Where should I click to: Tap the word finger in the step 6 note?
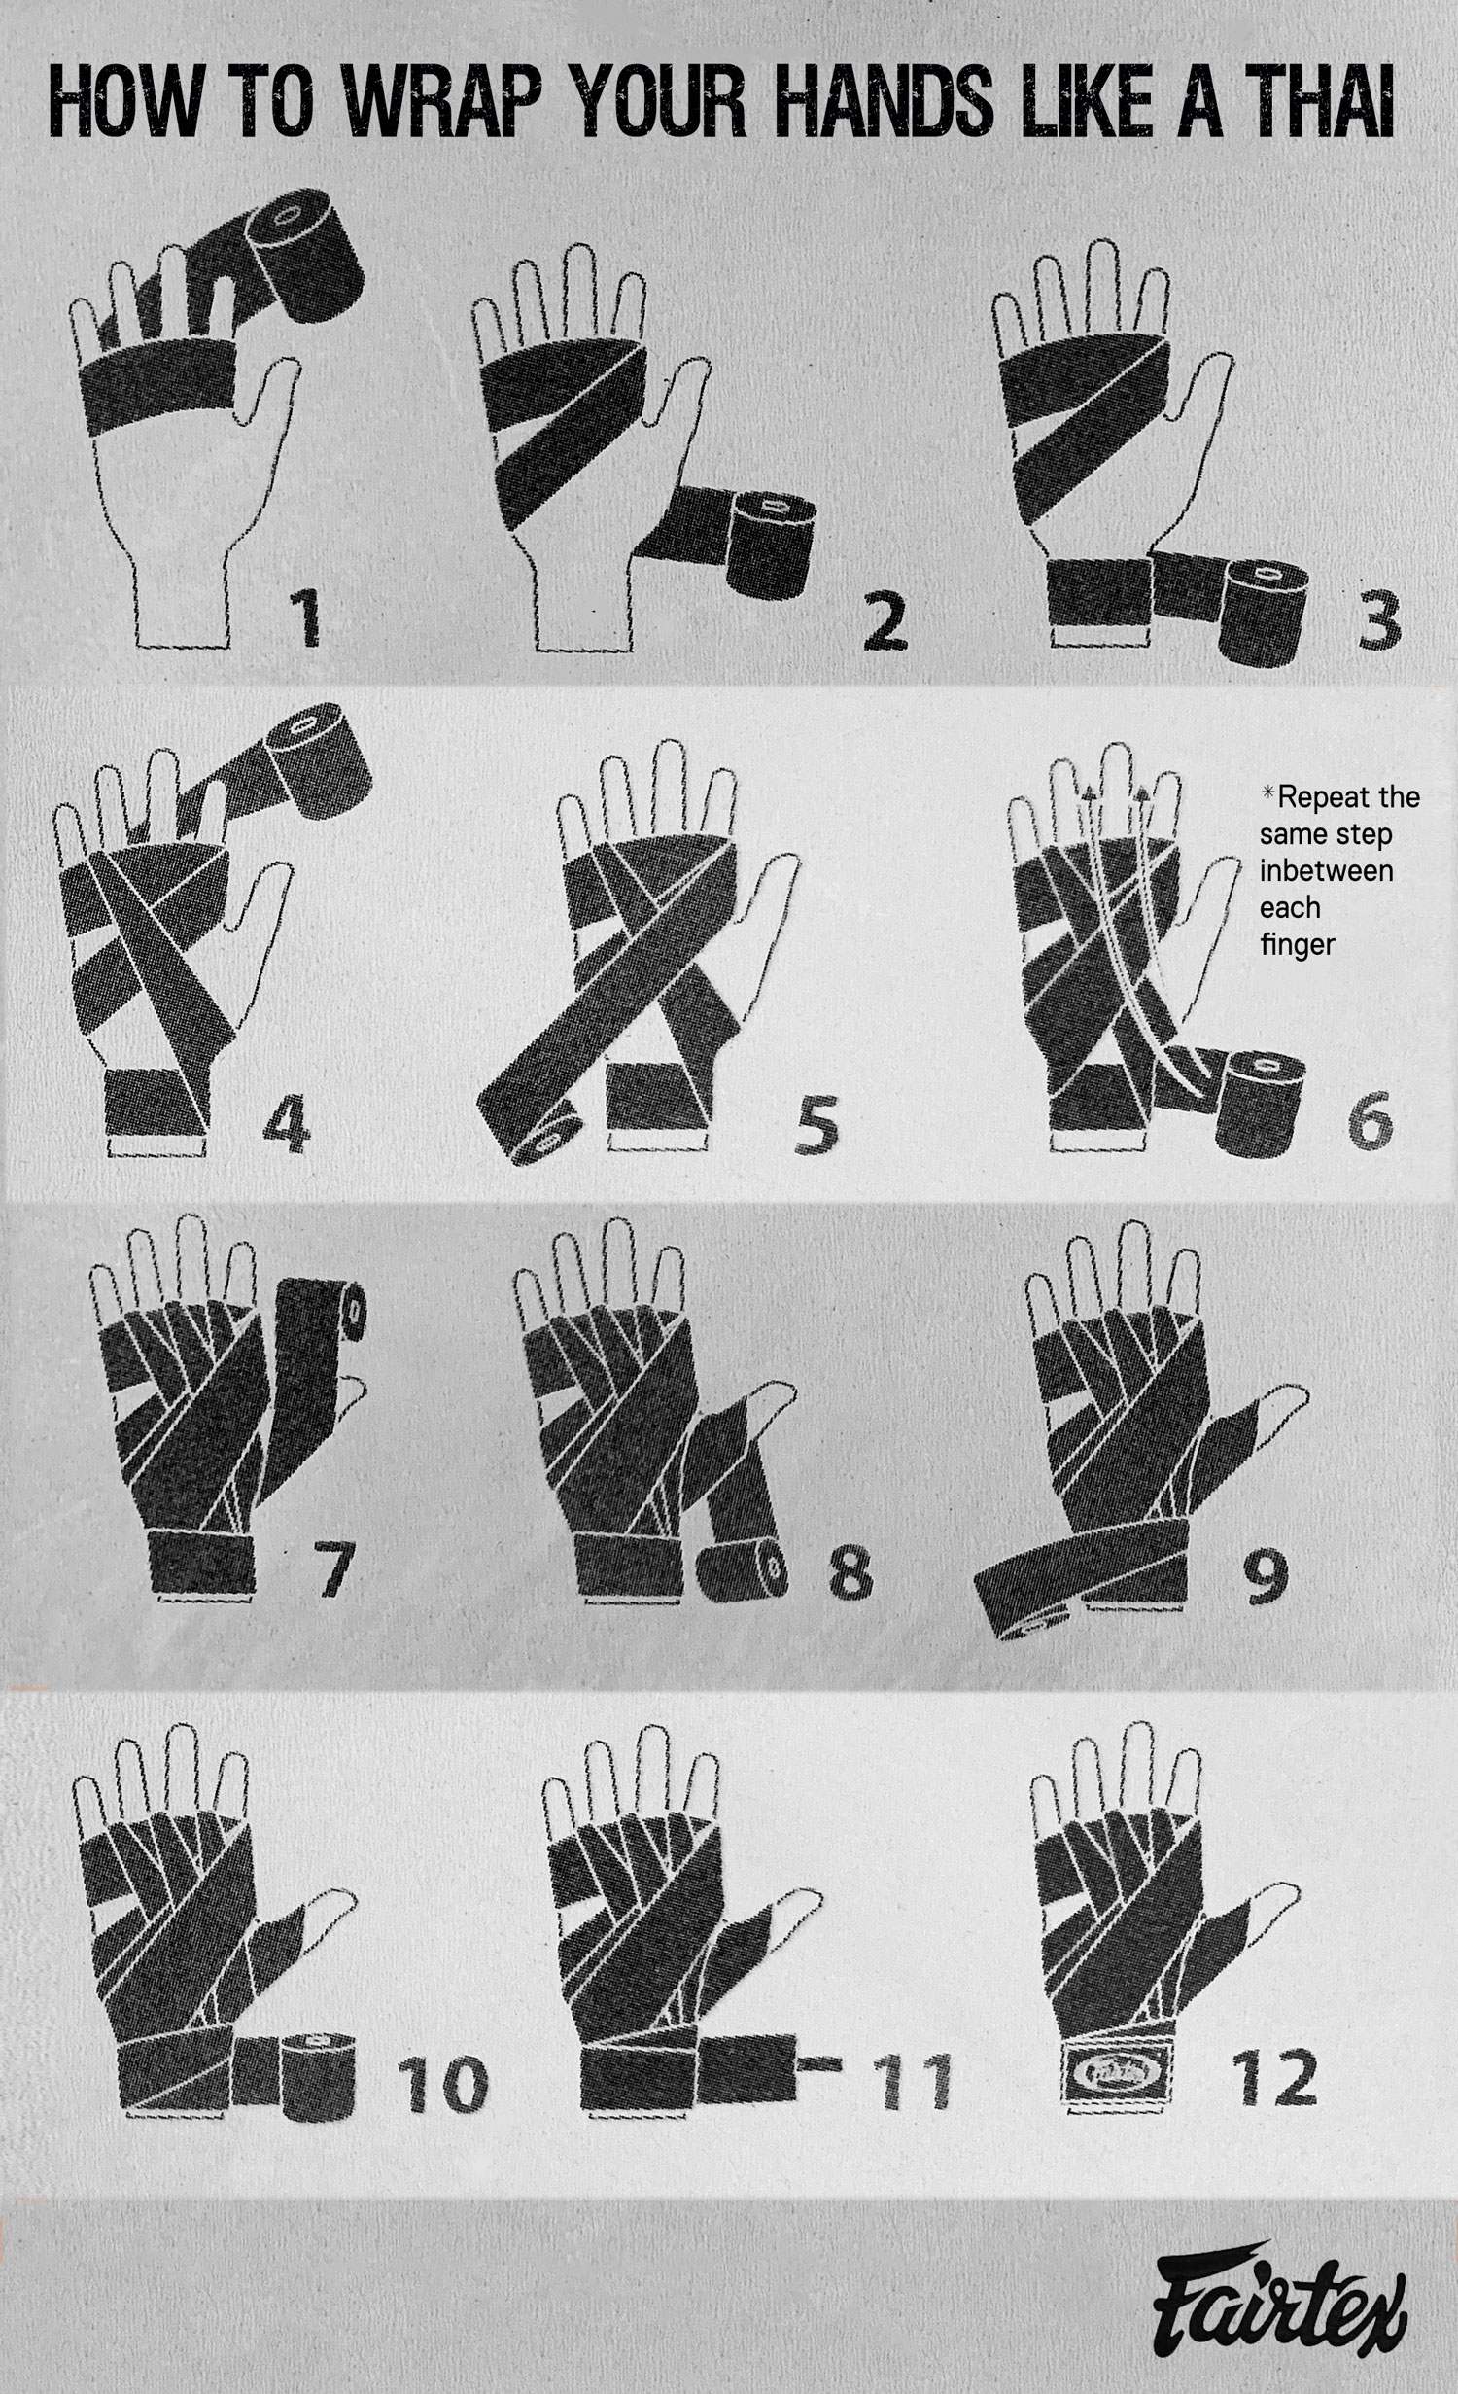(x=1297, y=944)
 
